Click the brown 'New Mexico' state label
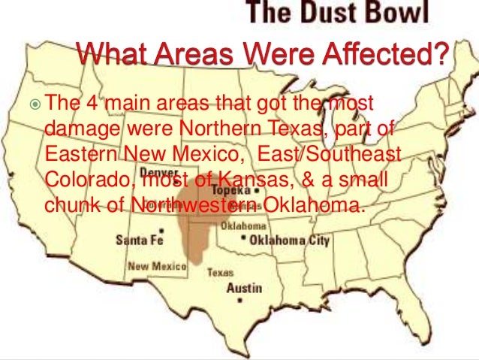(x=152, y=265)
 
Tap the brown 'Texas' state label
(x=220, y=273)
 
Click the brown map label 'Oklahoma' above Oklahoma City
(x=245, y=225)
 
